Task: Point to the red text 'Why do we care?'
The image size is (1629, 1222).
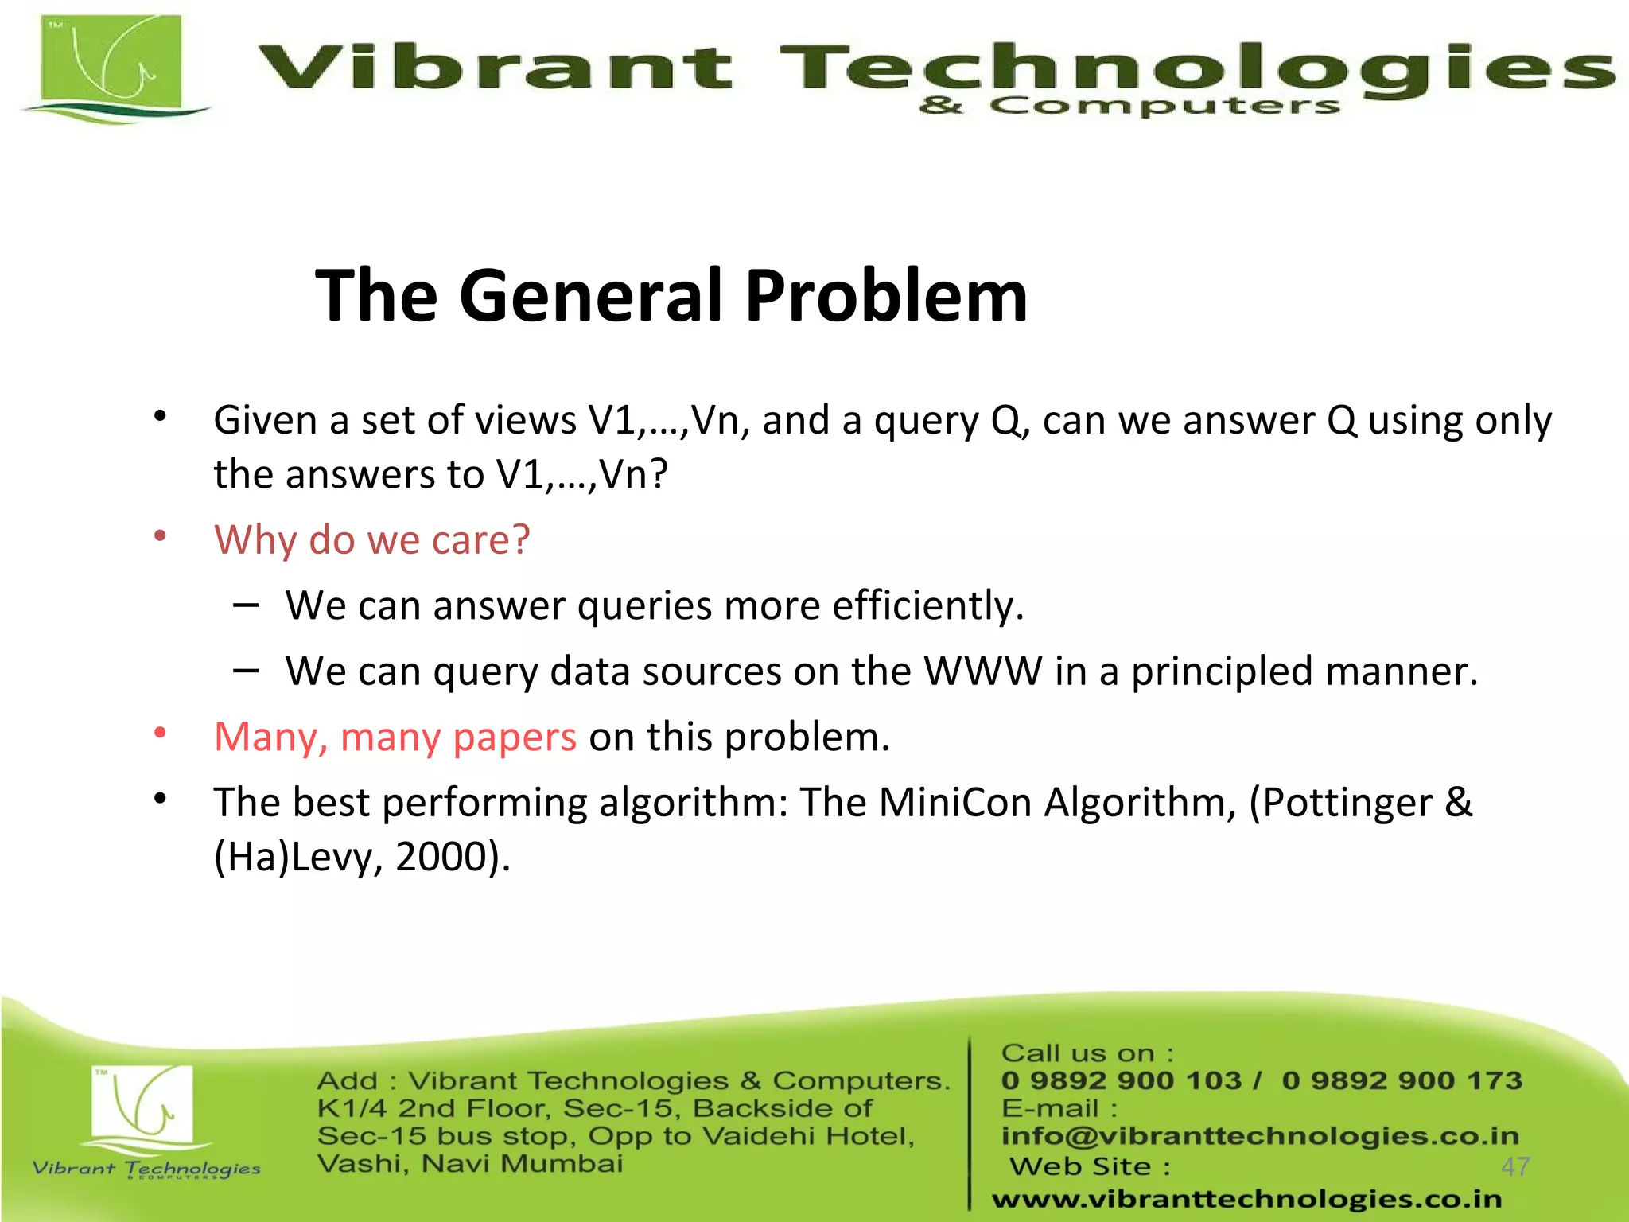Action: (371, 540)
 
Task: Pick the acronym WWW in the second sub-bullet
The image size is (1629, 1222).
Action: (982, 671)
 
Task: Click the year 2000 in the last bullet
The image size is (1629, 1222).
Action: (441, 857)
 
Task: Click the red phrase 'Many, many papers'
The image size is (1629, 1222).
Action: (395, 737)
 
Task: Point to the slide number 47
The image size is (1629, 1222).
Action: (1515, 1166)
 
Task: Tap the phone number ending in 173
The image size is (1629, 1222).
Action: (1402, 1080)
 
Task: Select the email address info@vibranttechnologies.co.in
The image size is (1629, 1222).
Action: (1260, 1136)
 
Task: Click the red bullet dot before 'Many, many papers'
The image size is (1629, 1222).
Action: (160, 733)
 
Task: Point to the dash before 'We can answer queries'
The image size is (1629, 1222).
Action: (246, 605)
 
